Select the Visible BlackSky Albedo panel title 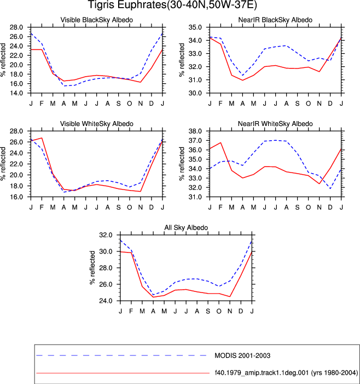click(x=97, y=20)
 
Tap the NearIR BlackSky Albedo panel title click(x=275, y=20)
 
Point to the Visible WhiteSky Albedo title click(x=97, y=124)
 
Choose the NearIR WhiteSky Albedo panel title click(x=275, y=124)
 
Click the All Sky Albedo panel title click(x=186, y=227)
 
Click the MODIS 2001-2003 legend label click(x=242, y=356)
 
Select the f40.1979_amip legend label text click(x=286, y=373)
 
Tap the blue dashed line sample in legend click(x=122, y=356)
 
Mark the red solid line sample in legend click(x=123, y=373)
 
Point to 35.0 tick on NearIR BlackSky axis click(x=195, y=27)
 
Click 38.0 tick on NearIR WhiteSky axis click(x=195, y=131)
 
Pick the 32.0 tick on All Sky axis click(x=106, y=235)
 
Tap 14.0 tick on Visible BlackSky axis click(x=16, y=93)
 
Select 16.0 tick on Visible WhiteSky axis click(x=16, y=197)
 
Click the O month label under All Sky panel click(x=219, y=311)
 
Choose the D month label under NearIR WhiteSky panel click(x=330, y=208)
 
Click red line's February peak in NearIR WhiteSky click(x=220, y=142)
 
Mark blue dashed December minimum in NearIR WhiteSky click(x=330, y=188)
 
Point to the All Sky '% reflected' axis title click(x=92, y=268)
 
